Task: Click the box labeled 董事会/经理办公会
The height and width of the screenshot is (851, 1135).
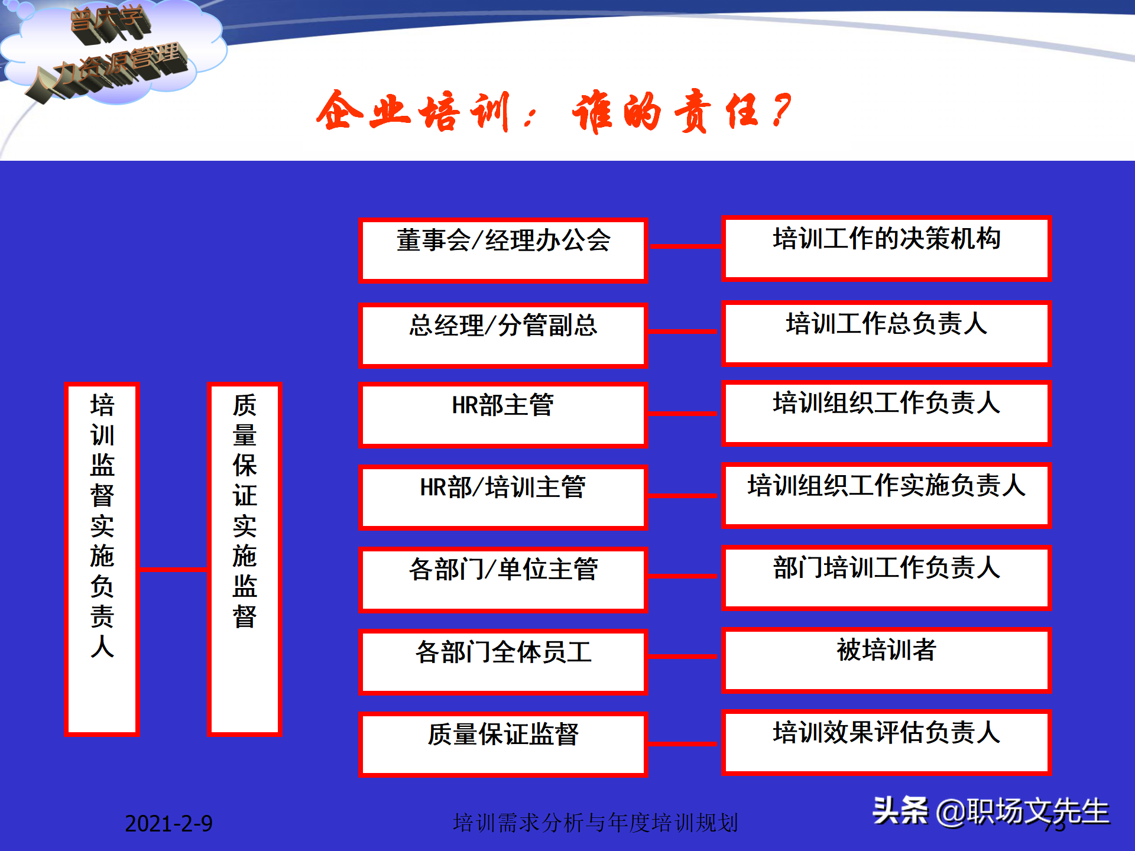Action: coord(503,250)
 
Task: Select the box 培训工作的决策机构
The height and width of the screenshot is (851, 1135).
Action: coord(886,248)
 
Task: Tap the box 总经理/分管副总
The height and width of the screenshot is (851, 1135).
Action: coord(503,334)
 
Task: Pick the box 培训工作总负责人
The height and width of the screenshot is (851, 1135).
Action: coord(886,333)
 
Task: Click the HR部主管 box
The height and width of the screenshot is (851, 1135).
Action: coord(503,414)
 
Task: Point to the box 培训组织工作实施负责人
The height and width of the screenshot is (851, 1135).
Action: coord(886,495)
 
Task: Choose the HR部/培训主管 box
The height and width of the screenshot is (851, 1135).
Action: coord(503,496)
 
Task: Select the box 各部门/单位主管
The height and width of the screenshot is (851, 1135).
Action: coord(503,579)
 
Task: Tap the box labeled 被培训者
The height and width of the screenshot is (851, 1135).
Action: coord(886,660)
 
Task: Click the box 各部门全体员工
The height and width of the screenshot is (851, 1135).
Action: coord(503,661)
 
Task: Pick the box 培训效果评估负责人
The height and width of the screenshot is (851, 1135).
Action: coord(886,742)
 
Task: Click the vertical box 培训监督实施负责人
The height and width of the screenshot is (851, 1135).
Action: coord(102,558)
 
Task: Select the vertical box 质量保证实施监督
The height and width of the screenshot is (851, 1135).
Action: coord(244,558)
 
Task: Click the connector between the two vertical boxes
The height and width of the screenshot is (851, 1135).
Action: coord(173,569)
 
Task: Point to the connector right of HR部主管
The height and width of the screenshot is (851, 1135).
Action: coord(684,414)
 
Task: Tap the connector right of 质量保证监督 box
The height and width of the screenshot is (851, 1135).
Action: coord(684,744)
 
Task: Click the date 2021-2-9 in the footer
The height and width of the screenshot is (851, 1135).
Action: coord(168,823)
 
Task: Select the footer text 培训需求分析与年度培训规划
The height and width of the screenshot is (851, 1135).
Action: coord(595,823)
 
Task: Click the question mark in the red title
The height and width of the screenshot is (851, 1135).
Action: coord(781,111)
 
